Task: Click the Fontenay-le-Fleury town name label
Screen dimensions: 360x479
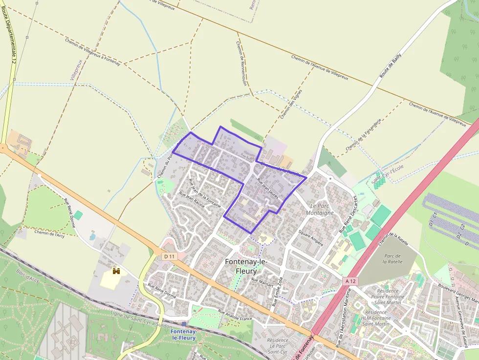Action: click(247, 266)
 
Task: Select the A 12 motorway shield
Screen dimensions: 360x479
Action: click(350, 281)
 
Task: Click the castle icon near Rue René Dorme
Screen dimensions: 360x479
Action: click(116, 271)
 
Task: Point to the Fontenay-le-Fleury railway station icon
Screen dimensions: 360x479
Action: click(184, 323)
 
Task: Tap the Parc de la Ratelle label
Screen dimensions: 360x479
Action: click(392, 258)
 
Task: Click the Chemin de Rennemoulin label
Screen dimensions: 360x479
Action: click(241, 63)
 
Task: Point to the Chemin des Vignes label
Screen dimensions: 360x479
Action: click(291, 104)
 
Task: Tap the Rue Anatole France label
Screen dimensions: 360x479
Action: click(235, 315)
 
